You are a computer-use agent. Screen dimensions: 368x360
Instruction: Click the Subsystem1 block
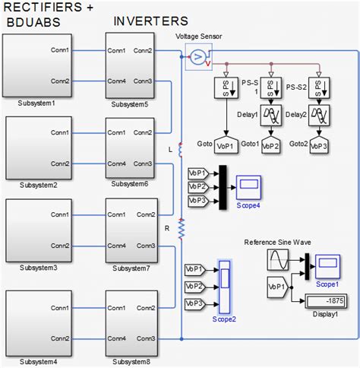pyautogui.click(x=38, y=66)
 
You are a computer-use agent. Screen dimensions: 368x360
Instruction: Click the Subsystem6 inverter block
pyautogui.click(x=131, y=148)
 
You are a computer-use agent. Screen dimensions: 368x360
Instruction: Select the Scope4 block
pyautogui.click(x=249, y=186)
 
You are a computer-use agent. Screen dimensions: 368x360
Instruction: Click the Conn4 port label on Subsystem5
pyautogui.click(x=116, y=81)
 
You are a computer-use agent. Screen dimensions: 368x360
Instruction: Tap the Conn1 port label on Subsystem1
pyautogui.click(x=61, y=51)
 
